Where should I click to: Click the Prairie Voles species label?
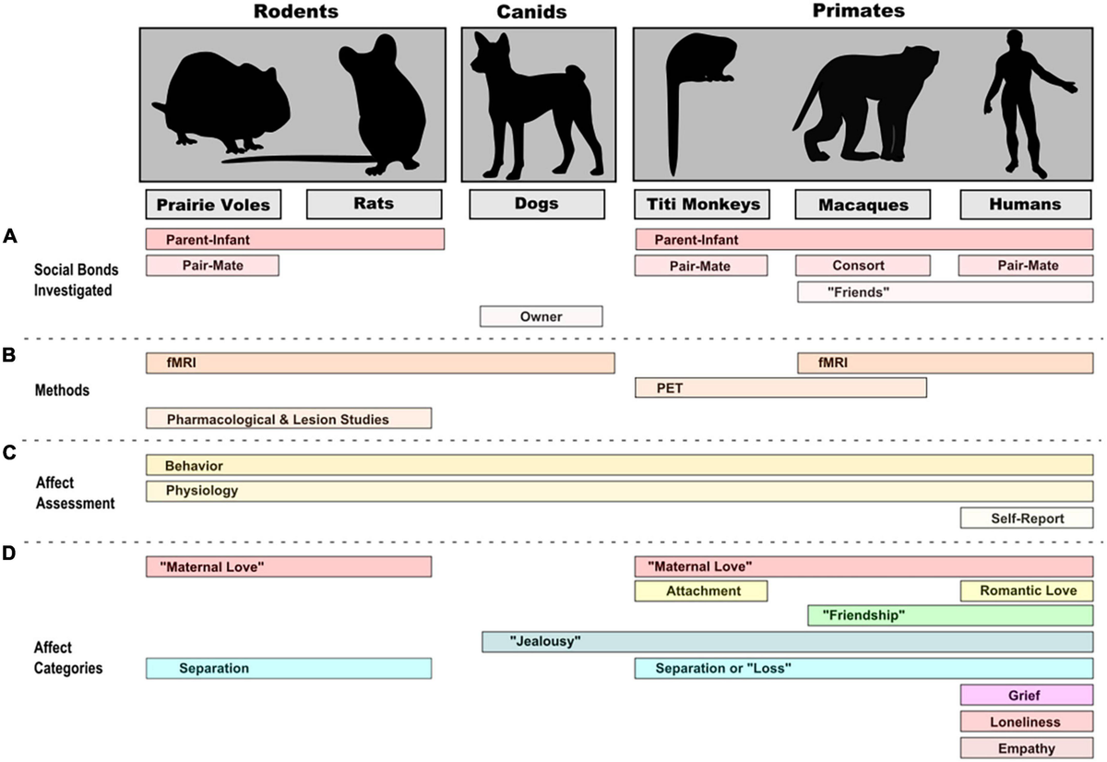(213, 204)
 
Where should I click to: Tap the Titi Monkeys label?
(700, 204)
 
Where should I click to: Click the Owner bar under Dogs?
(541, 316)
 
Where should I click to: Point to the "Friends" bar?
(945, 292)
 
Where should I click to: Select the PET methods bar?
(780, 387)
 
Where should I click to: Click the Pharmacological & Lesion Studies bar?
(289, 419)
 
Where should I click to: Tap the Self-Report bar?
(1027, 518)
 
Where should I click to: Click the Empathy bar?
(1027, 748)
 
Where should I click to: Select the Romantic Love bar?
(1027, 590)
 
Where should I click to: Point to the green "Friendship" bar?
(950, 615)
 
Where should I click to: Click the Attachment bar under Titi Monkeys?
(700, 590)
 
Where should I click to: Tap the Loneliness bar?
(1027, 721)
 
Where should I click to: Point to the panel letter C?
(9, 454)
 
